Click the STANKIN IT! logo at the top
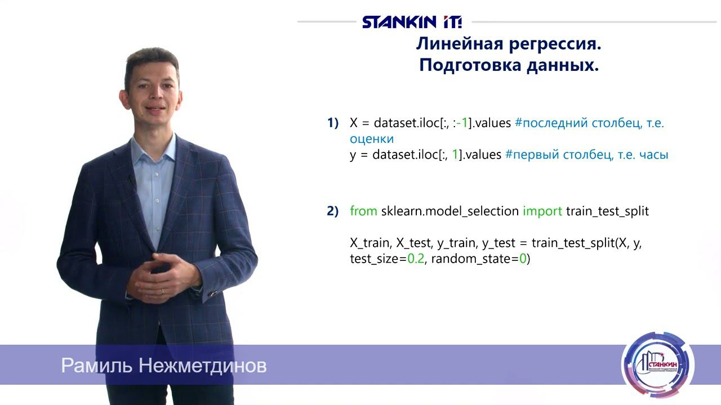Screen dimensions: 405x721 point(412,22)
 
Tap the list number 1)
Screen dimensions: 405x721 point(333,123)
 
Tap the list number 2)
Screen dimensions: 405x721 point(333,211)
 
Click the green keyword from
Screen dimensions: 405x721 point(363,211)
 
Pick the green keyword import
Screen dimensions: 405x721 point(542,211)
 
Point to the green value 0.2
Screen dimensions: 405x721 point(415,259)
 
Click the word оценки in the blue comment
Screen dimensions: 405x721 point(372,138)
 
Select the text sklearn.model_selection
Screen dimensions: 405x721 point(449,211)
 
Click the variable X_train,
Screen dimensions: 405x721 point(371,243)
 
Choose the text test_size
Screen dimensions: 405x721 point(374,259)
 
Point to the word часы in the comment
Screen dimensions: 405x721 point(653,155)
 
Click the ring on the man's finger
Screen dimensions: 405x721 point(163,291)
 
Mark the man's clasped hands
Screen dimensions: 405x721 point(163,277)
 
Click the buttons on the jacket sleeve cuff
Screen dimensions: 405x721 point(213,292)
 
